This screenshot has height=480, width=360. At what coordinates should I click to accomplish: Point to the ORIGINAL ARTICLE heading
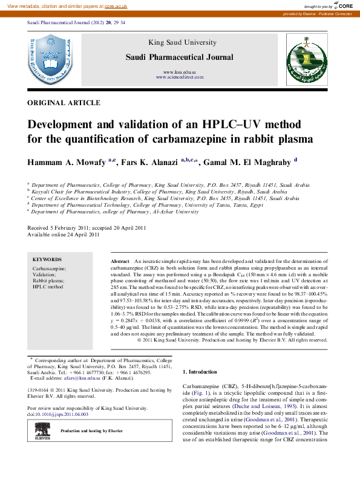point(64,103)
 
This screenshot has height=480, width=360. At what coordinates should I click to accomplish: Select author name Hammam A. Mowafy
point(66,162)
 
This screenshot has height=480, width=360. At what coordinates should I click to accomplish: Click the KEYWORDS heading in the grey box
point(47,259)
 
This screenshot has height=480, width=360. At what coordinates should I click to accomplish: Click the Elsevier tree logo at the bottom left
point(42,430)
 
